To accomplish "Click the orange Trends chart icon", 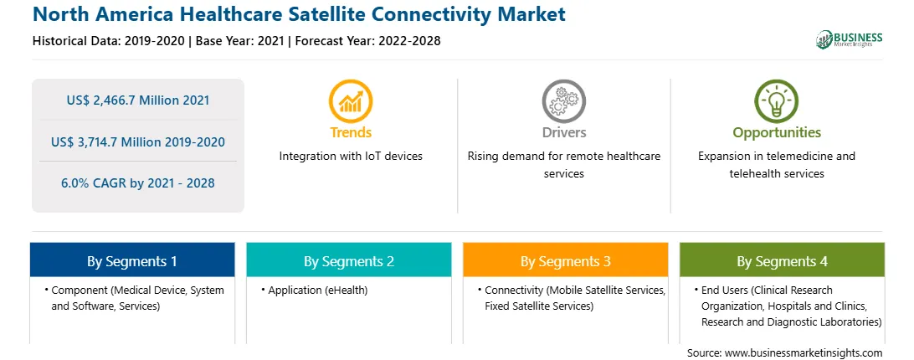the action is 351,101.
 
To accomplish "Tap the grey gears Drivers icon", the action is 563,101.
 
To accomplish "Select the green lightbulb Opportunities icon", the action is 777,101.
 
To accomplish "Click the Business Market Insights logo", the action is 849,39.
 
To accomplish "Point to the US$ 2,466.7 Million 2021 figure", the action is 137,100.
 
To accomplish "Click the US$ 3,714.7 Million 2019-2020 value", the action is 137,141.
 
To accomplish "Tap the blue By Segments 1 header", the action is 132,260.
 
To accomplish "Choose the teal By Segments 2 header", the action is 348,260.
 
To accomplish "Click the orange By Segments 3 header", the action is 566,260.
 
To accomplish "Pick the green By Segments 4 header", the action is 782,260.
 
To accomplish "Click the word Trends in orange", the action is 351,132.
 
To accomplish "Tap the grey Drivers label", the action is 563,132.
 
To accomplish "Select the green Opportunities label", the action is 777,133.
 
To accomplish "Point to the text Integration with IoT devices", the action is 351,156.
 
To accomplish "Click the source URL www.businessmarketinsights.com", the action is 804,353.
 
